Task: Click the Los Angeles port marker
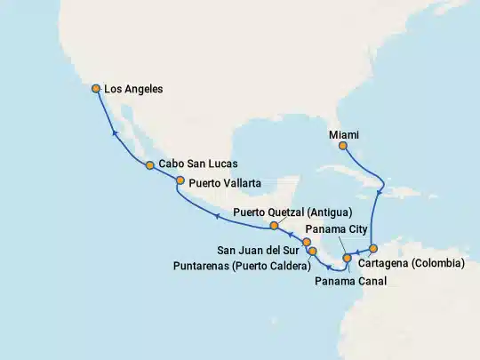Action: coord(96,88)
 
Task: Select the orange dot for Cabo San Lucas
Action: coord(150,165)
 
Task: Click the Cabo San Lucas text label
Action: coord(198,165)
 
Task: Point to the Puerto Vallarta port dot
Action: coord(180,181)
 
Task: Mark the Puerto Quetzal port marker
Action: coord(275,226)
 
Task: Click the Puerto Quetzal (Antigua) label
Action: coord(292,212)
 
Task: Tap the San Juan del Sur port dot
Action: coord(306,242)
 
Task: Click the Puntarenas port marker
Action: coord(313,252)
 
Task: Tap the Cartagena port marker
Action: coord(373,249)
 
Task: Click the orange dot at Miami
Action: coord(342,145)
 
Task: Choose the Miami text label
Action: coord(344,133)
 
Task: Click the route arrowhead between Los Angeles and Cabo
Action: coord(114,133)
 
